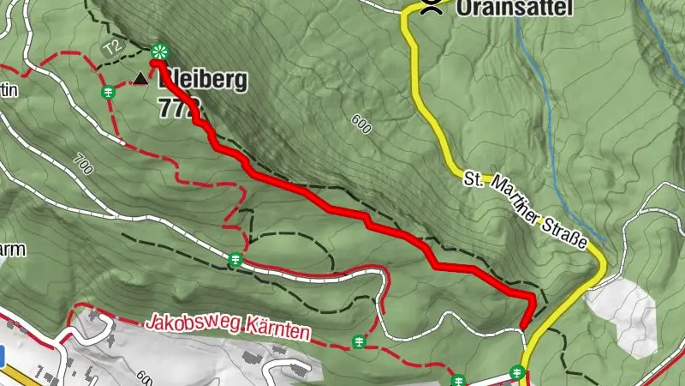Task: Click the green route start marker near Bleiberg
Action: (158, 51)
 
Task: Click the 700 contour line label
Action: (83, 161)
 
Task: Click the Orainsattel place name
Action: (501, 8)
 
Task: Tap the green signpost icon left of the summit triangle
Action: (109, 91)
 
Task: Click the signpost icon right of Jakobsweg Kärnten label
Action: (359, 343)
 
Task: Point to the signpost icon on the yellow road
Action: (516, 371)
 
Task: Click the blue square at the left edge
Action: (3, 354)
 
